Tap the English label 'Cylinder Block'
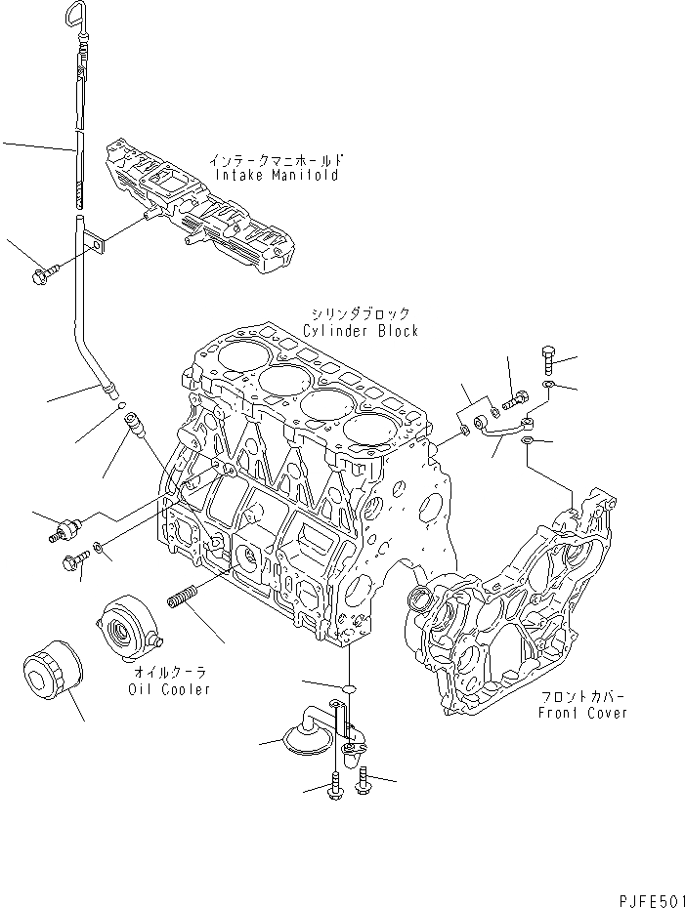(x=360, y=331)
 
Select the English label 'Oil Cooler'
(x=168, y=689)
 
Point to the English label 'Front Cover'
(x=582, y=713)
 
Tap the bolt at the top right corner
(x=547, y=359)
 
